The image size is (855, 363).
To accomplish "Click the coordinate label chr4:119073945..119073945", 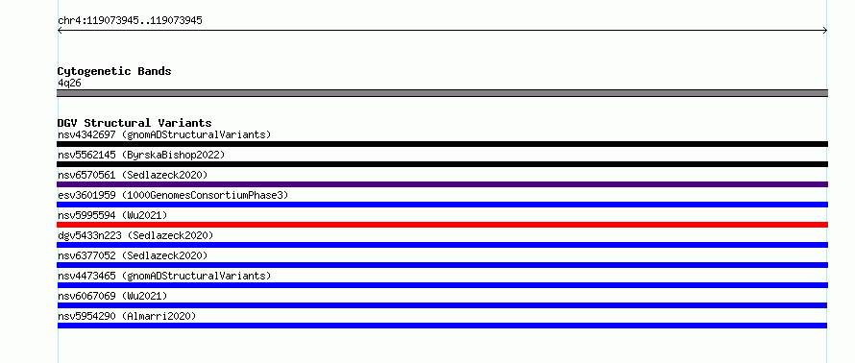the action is click(130, 21).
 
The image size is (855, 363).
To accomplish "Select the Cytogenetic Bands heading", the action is click(114, 71).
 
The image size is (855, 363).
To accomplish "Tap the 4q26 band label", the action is click(70, 84).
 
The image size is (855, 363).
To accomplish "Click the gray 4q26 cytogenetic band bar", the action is click(442, 93).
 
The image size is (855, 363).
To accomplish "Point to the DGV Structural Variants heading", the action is click(134, 123).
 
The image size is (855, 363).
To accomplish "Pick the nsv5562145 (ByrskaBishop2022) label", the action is click(141, 155).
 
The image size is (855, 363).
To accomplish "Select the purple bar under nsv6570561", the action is click(442, 184).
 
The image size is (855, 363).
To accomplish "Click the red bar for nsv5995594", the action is click(442, 225).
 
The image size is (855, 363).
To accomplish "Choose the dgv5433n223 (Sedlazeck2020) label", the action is click(135, 235).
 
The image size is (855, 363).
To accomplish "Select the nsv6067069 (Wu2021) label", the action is click(112, 296).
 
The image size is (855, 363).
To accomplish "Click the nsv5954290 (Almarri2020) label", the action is click(127, 316).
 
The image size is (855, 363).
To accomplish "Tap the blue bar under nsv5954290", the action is click(442, 326).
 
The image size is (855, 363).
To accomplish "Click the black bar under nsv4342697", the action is click(442, 144).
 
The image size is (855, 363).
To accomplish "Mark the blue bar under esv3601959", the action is click(442, 205).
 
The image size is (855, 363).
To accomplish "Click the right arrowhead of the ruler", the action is click(826, 31).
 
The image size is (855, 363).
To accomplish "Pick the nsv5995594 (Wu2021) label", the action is click(112, 215).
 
